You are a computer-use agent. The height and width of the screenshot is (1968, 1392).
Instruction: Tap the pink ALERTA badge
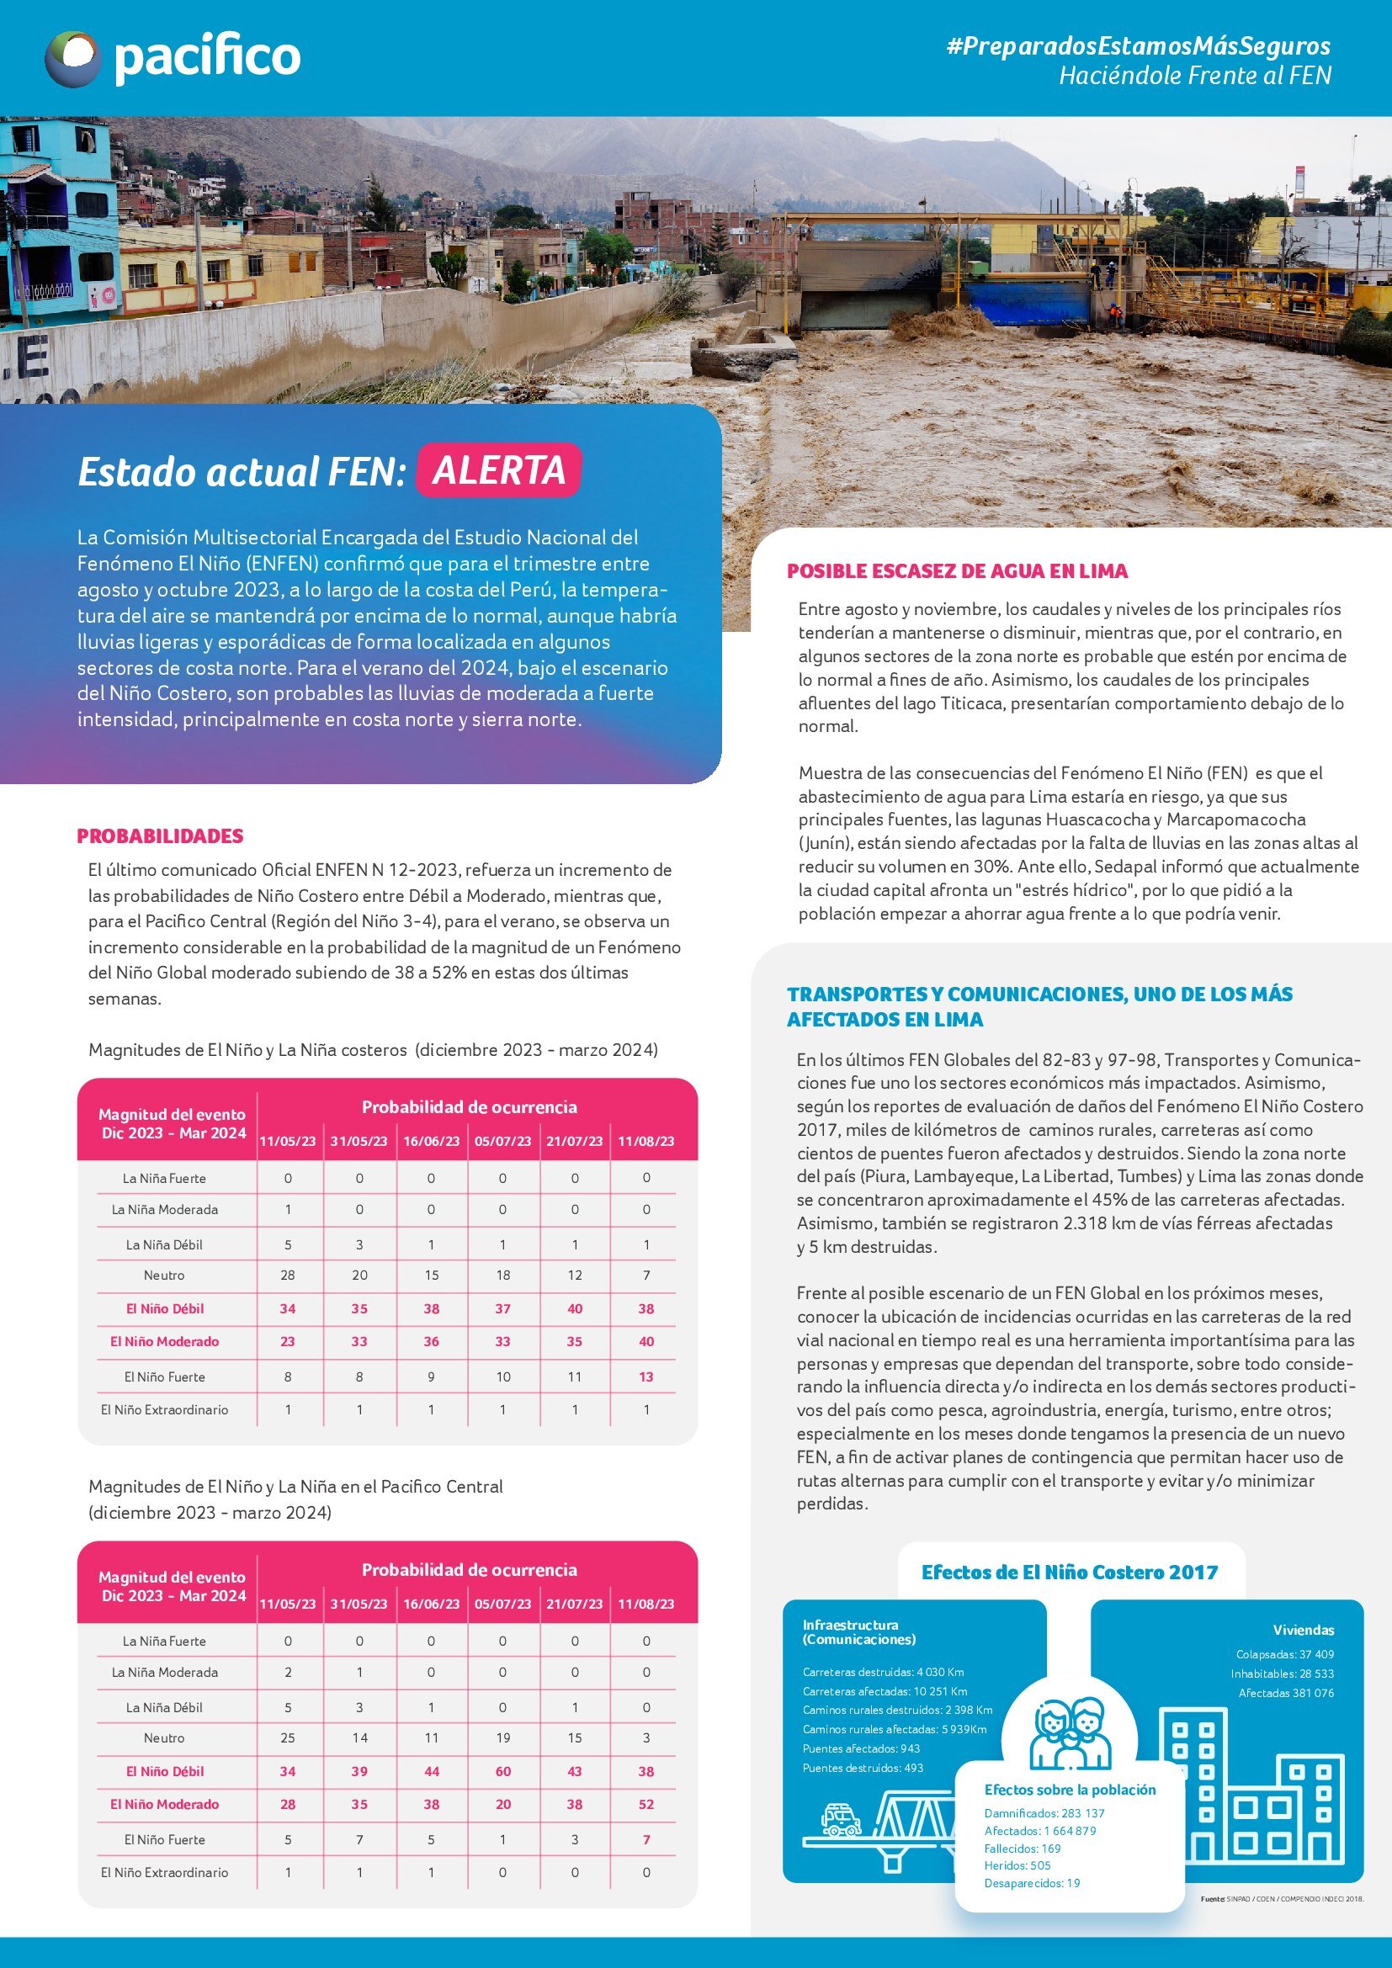(x=498, y=469)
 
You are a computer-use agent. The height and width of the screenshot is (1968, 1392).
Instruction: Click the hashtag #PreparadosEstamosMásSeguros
(x=1139, y=45)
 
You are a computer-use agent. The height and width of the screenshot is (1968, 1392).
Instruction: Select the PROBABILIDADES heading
(x=160, y=835)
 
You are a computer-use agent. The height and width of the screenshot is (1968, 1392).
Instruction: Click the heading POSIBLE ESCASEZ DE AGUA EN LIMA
(x=957, y=570)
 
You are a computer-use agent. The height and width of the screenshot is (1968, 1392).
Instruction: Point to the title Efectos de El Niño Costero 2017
(x=1069, y=1572)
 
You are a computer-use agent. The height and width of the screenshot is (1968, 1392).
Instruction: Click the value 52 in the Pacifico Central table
(x=646, y=1803)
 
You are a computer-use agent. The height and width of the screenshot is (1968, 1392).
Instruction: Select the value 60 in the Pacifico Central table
(x=503, y=1771)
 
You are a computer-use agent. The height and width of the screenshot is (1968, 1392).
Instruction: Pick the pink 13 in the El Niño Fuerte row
(x=646, y=1377)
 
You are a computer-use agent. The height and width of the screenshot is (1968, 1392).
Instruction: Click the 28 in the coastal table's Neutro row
(x=288, y=1276)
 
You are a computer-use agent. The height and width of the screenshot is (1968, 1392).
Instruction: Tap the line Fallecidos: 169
(x=1022, y=1848)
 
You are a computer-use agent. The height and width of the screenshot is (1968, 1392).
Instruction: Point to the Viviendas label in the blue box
(x=1303, y=1630)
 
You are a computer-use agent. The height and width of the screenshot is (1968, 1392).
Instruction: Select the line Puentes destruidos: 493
(x=863, y=1768)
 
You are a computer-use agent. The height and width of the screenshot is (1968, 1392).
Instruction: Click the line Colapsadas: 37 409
(x=1284, y=1654)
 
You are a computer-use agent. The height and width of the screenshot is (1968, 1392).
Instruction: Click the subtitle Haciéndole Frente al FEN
(x=1195, y=76)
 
